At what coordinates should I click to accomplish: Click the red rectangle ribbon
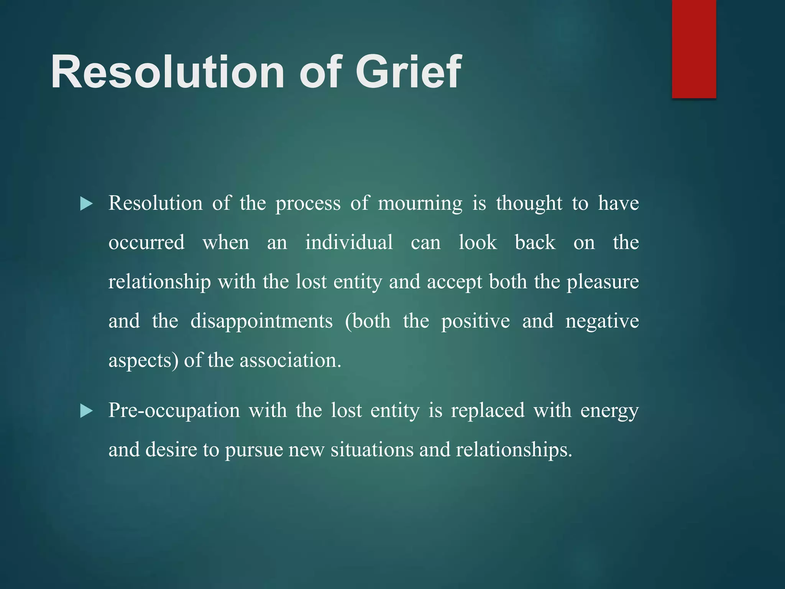coord(694,49)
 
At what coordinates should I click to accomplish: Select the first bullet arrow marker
coord(86,204)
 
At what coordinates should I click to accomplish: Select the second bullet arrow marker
coord(86,411)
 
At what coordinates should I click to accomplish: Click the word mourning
coord(420,204)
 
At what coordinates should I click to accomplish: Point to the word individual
coord(349,243)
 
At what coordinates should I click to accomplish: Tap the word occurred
coord(146,243)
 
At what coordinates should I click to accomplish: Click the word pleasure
coord(603,282)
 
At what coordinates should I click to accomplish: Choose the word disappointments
coord(261,321)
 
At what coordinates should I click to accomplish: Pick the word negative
coord(602,321)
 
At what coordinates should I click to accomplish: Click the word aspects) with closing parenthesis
coord(143,361)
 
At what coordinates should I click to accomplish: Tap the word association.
coord(290,361)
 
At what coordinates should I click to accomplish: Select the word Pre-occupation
coord(174,411)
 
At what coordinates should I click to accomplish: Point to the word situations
coord(372,450)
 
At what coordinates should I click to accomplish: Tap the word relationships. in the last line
coord(514,450)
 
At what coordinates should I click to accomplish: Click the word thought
coord(529,204)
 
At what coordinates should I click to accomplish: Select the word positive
coord(475,321)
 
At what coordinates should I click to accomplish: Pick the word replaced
coord(488,411)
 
